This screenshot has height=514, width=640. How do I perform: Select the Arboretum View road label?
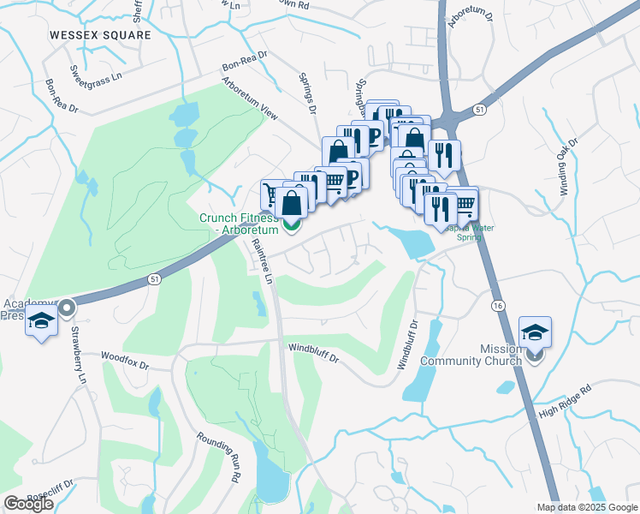point(250,99)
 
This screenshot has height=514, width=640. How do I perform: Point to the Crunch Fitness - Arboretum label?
point(240,224)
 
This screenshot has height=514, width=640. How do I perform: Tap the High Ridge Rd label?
point(565,401)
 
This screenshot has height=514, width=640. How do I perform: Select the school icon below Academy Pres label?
point(41,322)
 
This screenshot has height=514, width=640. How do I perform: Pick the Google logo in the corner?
point(28,504)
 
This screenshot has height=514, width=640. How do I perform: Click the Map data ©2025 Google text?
point(586,507)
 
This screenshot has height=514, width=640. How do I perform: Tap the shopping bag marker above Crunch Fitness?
point(292,203)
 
